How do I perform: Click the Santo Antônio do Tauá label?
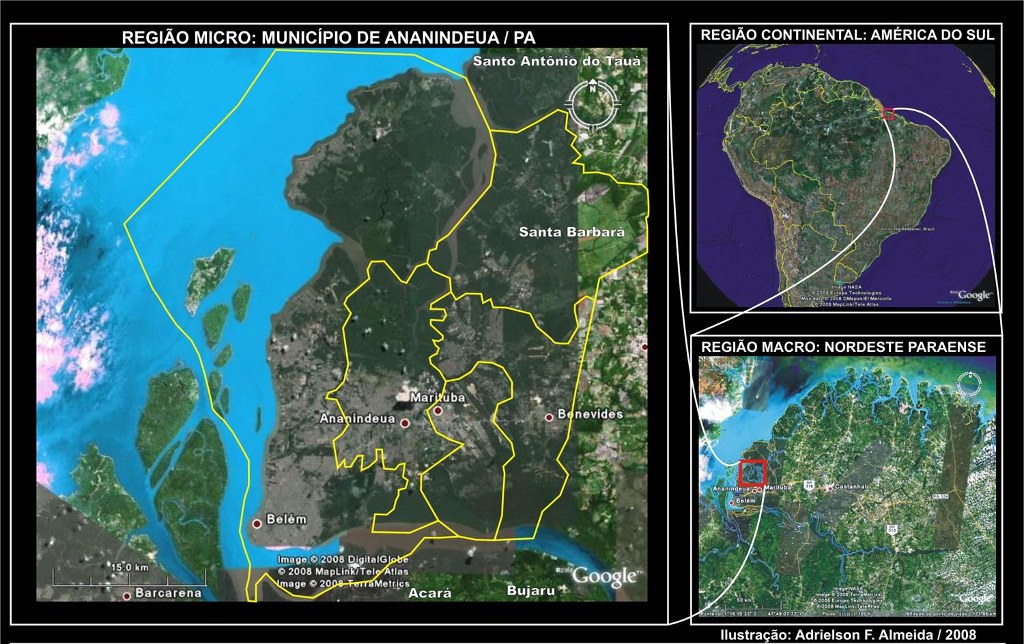click(x=556, y=61)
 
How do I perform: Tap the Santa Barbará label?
click(x=571, y=232)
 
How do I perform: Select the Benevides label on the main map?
click(x=590, y=414)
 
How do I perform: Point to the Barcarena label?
click(x=168, y=593)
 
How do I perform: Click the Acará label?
click(x=429, y=593)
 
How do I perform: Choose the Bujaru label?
click(x=530, y=591)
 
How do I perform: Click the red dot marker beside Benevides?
click(x=549, y=417)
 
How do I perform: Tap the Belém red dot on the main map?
click(x=257, y=524)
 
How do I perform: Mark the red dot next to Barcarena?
click(x=126, y=596)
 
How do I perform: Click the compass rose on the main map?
click(x=592, y=104)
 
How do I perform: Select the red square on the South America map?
click(x=888, y=114)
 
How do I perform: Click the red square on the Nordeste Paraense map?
click(x=752, y=472)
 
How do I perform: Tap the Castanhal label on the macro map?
click(x=851, y=486)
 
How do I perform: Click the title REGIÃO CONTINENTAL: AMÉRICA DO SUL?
click(x=847, y=35)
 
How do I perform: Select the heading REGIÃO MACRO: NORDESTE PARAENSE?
click(x=843, y=347)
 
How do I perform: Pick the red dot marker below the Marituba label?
click(x=438, y=411)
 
